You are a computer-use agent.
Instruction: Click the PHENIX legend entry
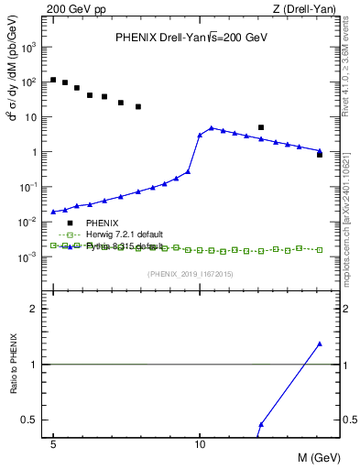[101, 223]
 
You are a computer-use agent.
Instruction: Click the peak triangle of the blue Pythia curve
[212, 128]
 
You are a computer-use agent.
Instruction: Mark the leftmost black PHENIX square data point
[53, 80]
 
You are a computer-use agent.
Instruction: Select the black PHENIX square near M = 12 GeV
[261, 127]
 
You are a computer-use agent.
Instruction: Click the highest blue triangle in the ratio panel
[319, 344]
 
